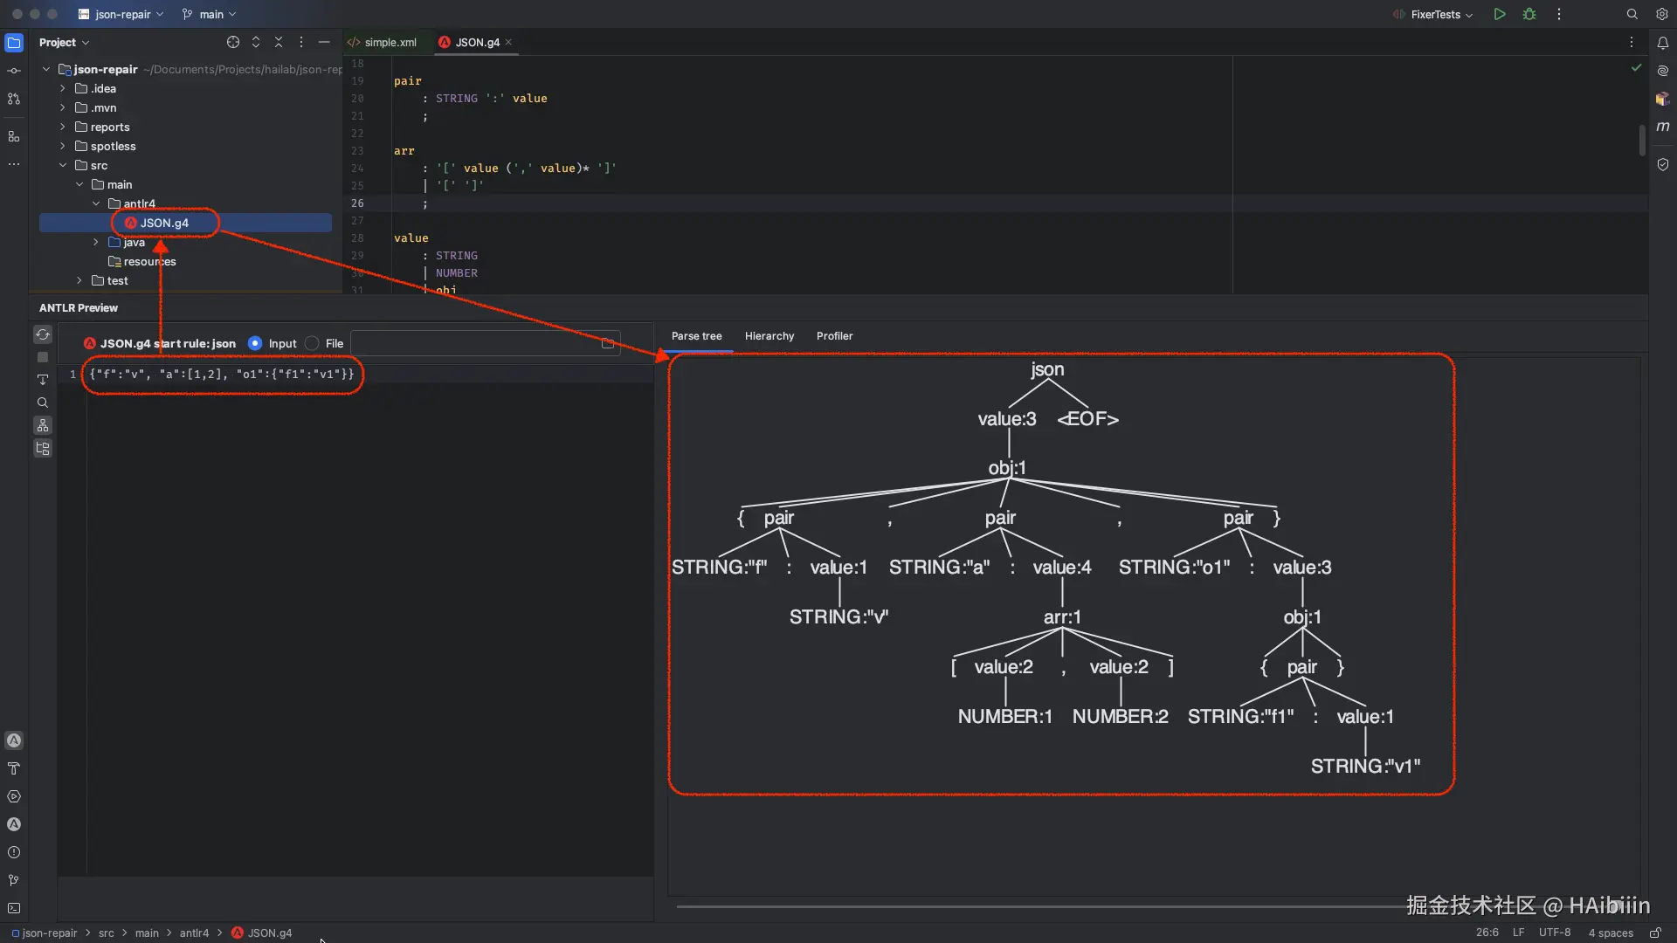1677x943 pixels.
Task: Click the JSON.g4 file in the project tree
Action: tap(163, 223)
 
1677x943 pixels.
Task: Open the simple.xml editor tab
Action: tap(390, 42)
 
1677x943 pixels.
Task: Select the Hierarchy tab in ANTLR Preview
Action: tap(769, 336)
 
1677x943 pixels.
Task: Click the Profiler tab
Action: tap(834, 336)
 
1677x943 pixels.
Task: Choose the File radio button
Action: tap(313, 344)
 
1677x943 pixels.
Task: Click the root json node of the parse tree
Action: tap(1047, 369)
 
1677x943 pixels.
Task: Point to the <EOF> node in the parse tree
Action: tap(1087, 419)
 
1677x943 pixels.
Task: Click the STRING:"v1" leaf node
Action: tap(1365, 767)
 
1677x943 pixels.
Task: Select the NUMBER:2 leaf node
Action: tap(1120, 717)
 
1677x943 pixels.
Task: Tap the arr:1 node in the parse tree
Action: tap(1062, 617)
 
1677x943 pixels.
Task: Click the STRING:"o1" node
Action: tap(1174, 568)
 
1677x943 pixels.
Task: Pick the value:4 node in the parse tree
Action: tap(1062, 568)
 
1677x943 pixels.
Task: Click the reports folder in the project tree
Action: tap(109, 127)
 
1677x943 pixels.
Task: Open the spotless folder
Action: tap(113, 146)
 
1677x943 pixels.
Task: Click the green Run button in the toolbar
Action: tap(1499, 14)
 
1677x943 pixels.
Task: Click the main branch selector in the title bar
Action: tap(210, 14)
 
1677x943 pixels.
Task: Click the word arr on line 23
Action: tap(404, 151)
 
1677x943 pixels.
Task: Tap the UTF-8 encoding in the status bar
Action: tap(1554, 933)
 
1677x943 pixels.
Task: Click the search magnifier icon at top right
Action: tap(1632, 14)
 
